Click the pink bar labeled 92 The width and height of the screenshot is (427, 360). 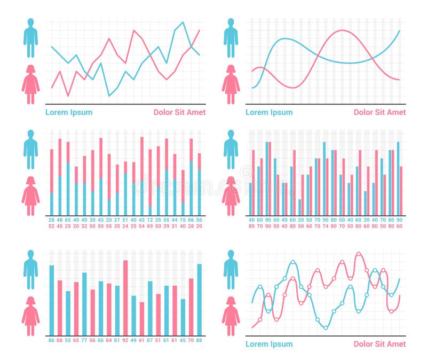point(125,297)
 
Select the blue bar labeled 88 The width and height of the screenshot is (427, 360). point(199,299)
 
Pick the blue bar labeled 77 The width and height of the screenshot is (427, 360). point(84,303)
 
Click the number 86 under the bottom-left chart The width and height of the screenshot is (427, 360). point(52,340)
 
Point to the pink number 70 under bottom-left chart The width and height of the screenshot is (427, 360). point(191,340)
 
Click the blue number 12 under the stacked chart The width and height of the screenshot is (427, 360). point(150,220)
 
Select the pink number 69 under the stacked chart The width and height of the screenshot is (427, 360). point(150,226)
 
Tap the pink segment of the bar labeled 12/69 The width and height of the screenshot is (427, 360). point(150,176)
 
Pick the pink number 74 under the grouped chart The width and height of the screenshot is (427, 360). point(326,226)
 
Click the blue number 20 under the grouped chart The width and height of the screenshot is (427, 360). point(301,220)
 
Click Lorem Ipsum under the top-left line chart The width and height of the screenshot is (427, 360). point(68,112)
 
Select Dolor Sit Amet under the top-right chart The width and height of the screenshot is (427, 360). point(379,112)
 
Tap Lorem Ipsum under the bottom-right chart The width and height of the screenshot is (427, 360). point(269,344)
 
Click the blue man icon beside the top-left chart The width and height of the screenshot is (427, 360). point(30,38)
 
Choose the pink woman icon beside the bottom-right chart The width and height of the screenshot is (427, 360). point(231,316)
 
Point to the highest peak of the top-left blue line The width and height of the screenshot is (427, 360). point(183,22)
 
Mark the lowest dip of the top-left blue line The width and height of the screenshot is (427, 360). point(109,96)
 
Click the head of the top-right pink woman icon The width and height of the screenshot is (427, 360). point(231,69)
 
